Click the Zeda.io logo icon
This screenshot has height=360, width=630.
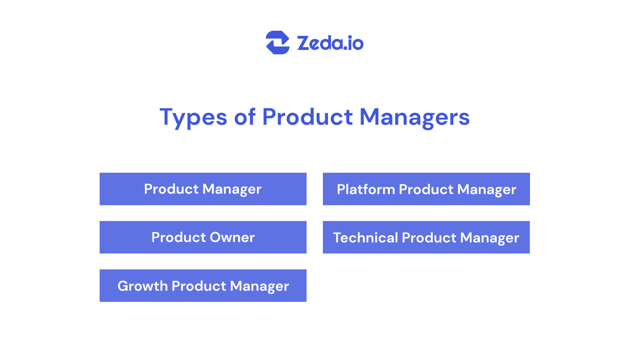(x=278, y=42)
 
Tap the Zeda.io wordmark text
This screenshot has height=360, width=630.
(x=330, y=43)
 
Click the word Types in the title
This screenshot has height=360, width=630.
(x=193, y=117)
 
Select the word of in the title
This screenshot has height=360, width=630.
(x=245, y=117)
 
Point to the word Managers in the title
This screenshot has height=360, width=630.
(x=414, y=117)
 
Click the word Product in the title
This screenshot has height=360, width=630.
(x=307, y=117)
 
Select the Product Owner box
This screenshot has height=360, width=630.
(x=203, y=237)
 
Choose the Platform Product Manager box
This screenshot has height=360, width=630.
(x=426, y=189)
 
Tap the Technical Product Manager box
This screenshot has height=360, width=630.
(x=426, y=237)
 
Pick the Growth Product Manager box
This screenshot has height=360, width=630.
(x=203, y=286)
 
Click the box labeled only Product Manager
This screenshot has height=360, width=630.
(x=203, y=189)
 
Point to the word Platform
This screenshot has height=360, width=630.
(x=365, y=189)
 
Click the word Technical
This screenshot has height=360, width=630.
(x=365, y=238)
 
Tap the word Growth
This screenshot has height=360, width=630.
(x=143, y=286)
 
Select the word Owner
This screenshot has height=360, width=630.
(x=232, y=237)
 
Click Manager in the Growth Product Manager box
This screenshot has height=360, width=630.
(x=259, y=286)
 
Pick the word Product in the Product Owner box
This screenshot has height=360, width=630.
(x=178, y=237)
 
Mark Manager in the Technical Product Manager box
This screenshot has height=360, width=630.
(x=489, y=238)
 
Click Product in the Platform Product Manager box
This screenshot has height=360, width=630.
(x=426, y=189)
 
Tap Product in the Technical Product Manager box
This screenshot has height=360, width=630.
(x=429, y=238)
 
